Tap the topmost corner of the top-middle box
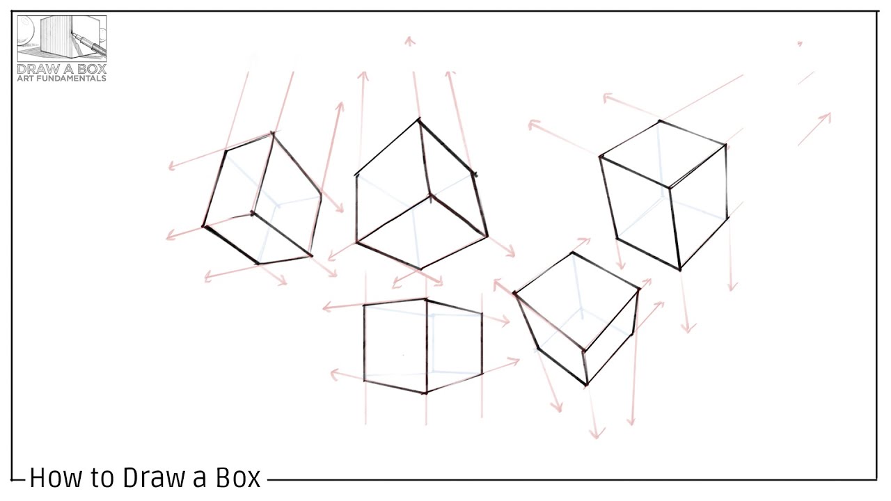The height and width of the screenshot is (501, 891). pyautogui.click(x=418, y=120)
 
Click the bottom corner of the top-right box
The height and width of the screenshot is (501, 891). pyautogui.click(x=680, y=269)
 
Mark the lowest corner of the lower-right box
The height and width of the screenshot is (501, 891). pyautogui.click(x=586, y=384)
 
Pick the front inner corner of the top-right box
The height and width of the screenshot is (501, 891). pyautogui.click(x=670, y=187)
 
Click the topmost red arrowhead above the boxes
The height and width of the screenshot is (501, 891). pyautogui.click(x=409, y=40)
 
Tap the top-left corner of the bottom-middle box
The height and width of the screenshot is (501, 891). pyautogui.click(x=364, y=305)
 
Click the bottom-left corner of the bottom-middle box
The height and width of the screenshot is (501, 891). pyautogui.click(x=364, y=380)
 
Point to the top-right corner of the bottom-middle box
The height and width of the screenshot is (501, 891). pyautogui.click(x=482, y=313)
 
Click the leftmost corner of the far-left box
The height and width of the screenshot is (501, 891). pyautogui.click(x=204, y=226)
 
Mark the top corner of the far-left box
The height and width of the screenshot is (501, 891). pyautogui.click(x=273, y=132)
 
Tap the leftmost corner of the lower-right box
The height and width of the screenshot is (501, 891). pyautogui.click(x=515, y=294)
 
